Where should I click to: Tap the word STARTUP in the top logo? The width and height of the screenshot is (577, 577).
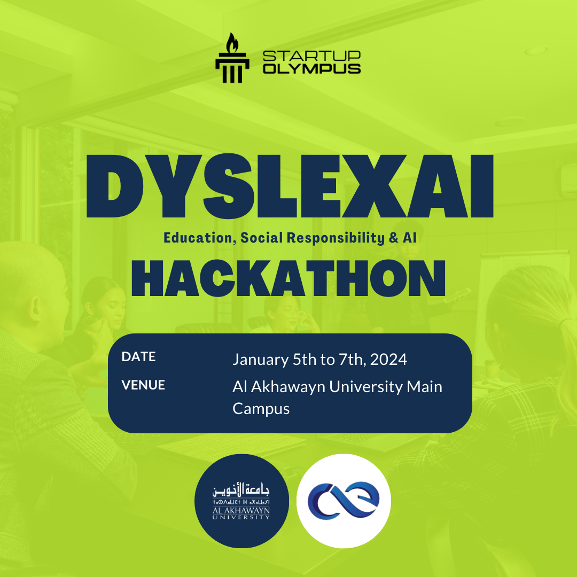pos(311,56)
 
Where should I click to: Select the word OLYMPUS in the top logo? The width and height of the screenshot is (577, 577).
pos(311,68)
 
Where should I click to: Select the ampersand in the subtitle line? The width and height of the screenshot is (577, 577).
pos(394,238)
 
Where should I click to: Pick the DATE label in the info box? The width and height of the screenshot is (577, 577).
pos(138,357)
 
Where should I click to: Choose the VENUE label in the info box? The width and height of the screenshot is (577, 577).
pos(143,385)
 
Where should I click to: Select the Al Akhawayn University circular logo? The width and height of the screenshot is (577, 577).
pos(241,501)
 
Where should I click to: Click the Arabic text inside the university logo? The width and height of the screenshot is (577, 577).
pos(242,489)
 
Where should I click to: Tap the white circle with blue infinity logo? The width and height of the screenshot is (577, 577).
pos(344,501)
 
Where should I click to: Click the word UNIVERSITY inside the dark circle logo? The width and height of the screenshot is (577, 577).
pos(241,517)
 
